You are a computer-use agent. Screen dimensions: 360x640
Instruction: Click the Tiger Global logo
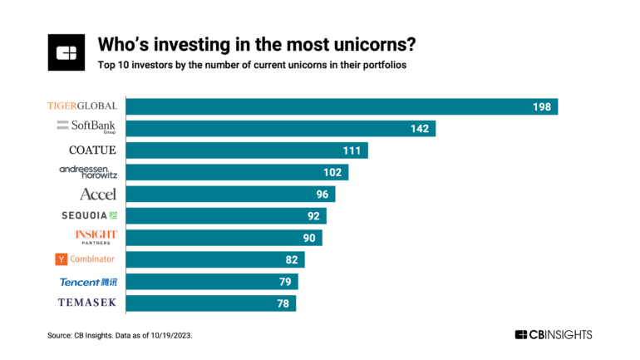81,106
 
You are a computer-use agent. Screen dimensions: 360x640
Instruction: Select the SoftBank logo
86,126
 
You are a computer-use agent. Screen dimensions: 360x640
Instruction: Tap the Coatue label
92,150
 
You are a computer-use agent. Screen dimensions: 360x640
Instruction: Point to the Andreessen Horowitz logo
88,171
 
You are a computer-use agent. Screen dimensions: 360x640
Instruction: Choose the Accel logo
97,194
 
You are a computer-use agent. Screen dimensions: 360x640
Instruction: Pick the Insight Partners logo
96,237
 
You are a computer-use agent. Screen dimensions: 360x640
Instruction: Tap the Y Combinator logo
86,259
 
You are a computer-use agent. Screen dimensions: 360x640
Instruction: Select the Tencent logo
88,281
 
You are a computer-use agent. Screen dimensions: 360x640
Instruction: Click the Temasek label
87,303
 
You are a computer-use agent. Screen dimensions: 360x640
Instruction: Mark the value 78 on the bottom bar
283,303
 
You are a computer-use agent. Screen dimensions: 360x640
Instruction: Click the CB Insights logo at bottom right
553,334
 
